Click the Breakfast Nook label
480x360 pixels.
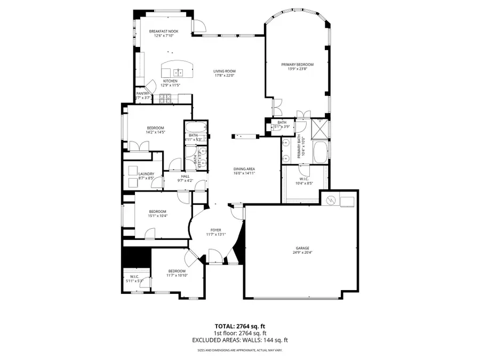click(164, 31)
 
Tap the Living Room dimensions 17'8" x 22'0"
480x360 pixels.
click(225, 76)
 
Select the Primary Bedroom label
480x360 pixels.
click(297, 64)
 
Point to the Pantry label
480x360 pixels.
click(142, 93)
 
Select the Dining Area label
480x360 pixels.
click(244, 169)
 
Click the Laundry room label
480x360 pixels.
click(146, 174)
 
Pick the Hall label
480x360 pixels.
click(185, 176)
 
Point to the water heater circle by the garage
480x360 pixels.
click(331, 201)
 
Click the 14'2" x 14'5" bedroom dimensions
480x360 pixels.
click(155, 132)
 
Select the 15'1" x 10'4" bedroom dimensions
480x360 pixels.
click(157, 215)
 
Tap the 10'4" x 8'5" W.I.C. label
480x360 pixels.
click(304, 183)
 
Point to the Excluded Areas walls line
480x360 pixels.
click(239, 340)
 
